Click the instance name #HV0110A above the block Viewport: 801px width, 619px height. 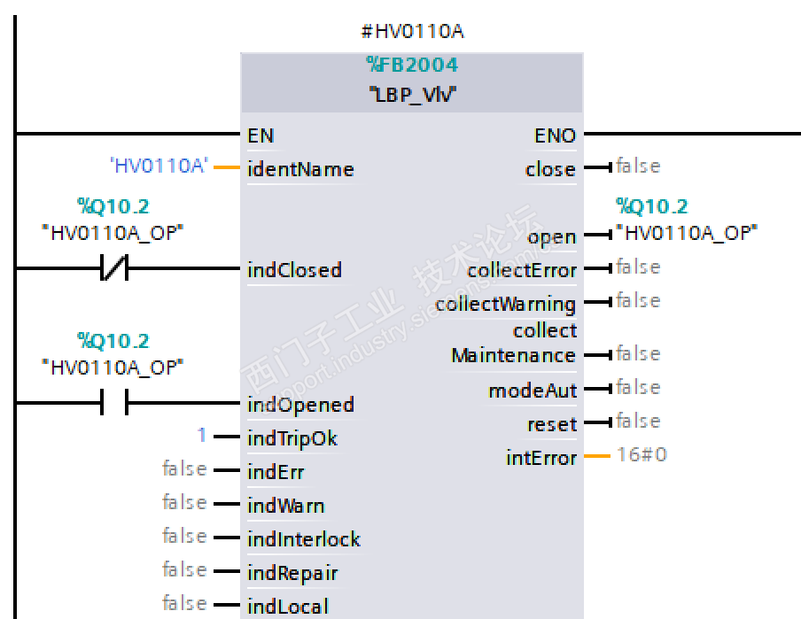point(412,32)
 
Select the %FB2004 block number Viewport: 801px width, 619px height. point(412,66)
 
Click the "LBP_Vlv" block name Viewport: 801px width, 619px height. point(412,94)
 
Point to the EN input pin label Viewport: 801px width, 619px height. point(261,135)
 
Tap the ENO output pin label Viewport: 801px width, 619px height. point(555,135)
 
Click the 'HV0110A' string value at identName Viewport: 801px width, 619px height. point(158,166)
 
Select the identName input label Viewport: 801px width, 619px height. point(300,169)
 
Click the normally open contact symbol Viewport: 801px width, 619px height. point(114,405)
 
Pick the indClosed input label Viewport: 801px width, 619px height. point(294,270)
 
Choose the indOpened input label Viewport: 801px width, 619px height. point(300,405)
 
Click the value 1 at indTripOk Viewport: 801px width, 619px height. point(202,436)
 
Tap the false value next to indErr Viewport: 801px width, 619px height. point(184,468)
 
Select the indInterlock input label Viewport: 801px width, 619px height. point(304,539)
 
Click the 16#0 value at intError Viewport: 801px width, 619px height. point(642,455)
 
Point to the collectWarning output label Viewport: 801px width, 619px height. point(505,304)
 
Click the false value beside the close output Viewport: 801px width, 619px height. point(638,166)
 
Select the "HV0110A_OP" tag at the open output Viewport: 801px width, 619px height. point(688,233)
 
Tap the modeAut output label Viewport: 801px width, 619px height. point(533,391)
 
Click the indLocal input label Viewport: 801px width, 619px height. point(288,607)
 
